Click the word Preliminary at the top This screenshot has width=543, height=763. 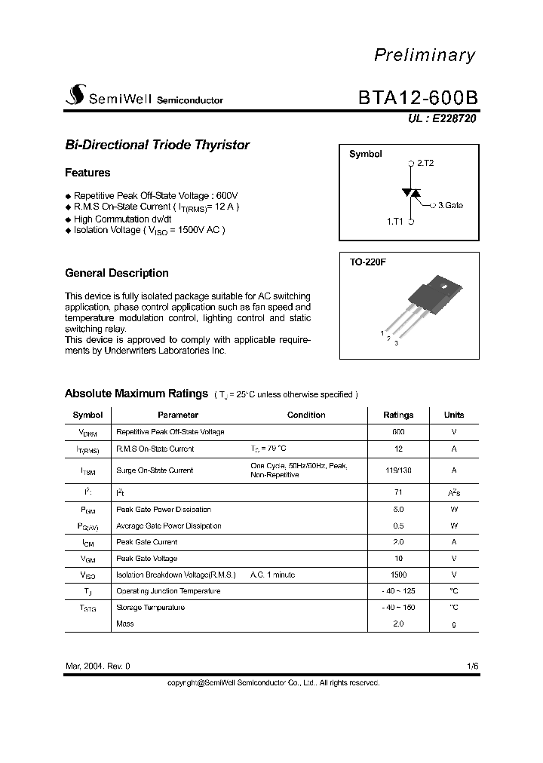click(x=425, y=55)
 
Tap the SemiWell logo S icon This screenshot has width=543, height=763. click(x=75, y=96)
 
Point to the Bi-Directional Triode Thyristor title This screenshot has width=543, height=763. click(x=157, y=145)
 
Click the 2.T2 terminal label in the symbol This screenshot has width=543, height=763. click(x=425, y=163)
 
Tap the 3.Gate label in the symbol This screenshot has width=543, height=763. click(x=450, y=204)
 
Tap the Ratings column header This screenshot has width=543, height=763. click(x=398, y=415)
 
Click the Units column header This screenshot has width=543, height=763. click(x=454, y=415)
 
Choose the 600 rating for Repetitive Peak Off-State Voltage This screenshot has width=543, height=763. click(x=398, y=432)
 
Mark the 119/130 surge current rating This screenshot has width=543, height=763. click(x=398, y=470)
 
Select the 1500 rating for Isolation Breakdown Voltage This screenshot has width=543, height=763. click(x=398, y=575)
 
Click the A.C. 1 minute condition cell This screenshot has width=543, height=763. click(x=272, y=575)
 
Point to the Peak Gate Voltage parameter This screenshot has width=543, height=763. click(x=146, y=559)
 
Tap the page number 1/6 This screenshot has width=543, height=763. click(x=472, y=666)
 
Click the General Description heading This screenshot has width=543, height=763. click(x=117, y=273)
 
